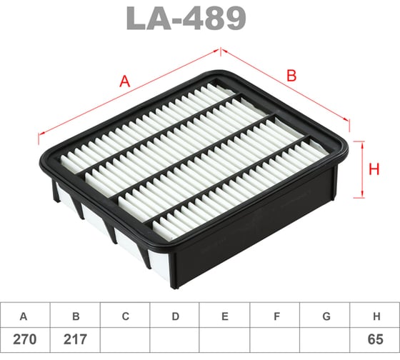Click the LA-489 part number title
point(186,20)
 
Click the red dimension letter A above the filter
point(125,82)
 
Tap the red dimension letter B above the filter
point(291,74)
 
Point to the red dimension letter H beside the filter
point(373,169)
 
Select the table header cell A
point(25,316)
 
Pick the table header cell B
point(75,316)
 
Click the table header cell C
point(125,316)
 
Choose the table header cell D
point(175,316)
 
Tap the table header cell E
point(225,316)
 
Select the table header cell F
point(275,316)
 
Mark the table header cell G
point(325,316)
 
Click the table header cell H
point(375,316)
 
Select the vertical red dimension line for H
point(363,169)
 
